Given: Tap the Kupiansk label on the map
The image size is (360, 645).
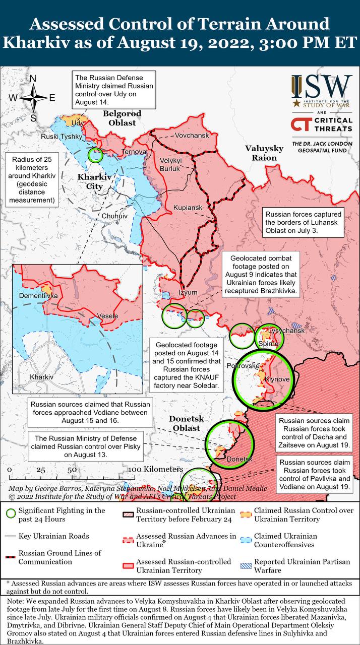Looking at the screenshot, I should click(187, 208).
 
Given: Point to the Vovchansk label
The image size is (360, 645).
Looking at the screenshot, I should click(192, 136).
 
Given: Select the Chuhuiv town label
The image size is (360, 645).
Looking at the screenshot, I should click(115, 216).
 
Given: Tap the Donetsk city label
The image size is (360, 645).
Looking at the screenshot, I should click(239, 459).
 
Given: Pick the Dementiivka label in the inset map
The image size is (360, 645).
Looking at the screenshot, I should click(38, 296).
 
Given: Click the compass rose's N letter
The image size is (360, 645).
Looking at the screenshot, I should click(33, 79).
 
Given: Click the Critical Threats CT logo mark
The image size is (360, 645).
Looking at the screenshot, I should click(301, 125).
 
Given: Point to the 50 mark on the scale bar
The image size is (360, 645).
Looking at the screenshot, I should click(72, 469).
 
